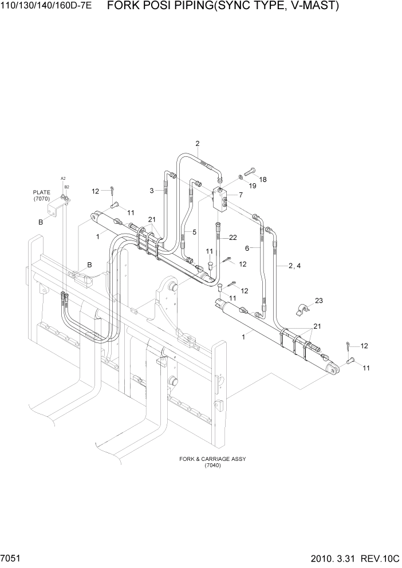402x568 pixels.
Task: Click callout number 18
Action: click(x=263, y=180)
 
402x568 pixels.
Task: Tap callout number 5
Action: click(x=194, y=232)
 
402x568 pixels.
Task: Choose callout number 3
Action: click(x=152, y=191)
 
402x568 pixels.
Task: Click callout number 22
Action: click(x=233, y=238)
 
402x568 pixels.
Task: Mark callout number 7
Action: click(x=241, y=195)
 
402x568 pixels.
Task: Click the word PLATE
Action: click(x=42, y=192)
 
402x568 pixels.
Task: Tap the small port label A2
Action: click(x=63, y=179)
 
